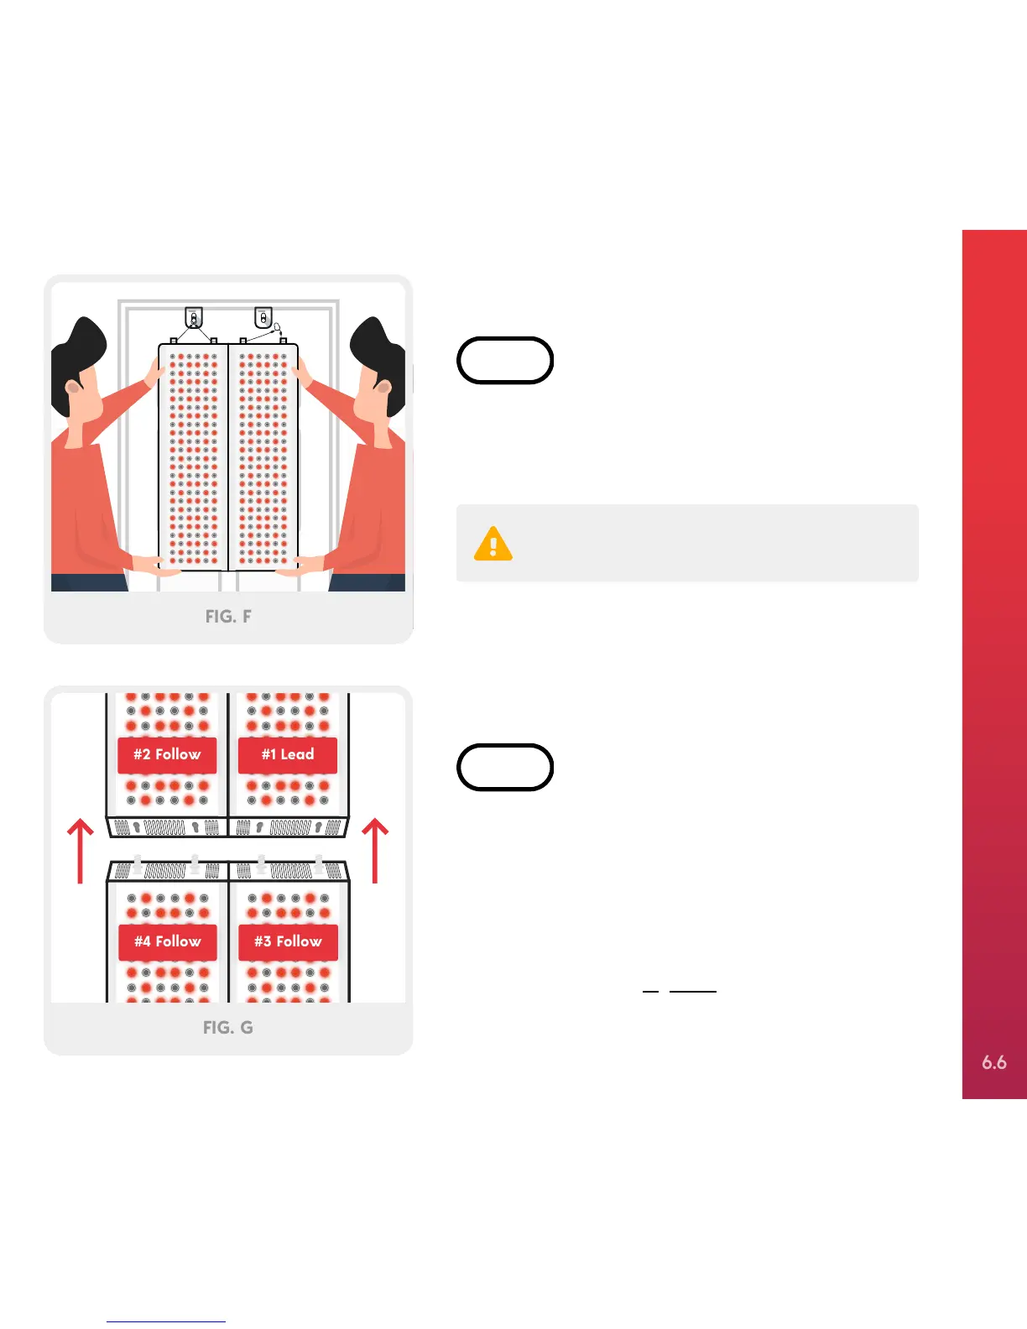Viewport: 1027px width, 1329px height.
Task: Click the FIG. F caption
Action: (x=228, y=617)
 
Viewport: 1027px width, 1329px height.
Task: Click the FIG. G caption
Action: (x=228, y=1028)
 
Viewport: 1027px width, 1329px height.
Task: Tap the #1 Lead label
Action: (x=288, y=754)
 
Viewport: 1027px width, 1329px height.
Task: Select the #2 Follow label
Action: (x=167, y=754)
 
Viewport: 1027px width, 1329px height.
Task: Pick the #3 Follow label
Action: (x=288, y=941)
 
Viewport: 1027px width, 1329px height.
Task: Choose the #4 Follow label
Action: (x=167, y=941)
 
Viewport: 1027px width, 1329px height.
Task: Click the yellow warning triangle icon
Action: (x=493, y=544)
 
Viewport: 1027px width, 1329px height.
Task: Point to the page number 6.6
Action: (x=994, y=1062)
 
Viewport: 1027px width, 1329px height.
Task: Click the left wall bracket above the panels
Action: (x=194, y=318)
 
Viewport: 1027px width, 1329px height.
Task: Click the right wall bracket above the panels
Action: (x=263, y=318)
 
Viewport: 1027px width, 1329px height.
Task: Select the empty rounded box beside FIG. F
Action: (x=504, y=361)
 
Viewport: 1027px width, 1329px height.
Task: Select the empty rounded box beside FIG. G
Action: (x=504, y=767)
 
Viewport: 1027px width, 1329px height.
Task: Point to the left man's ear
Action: (x=73, y=388)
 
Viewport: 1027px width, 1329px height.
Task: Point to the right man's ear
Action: (x=383, y=388)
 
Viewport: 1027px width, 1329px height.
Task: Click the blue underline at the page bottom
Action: (x=166, y=1321)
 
